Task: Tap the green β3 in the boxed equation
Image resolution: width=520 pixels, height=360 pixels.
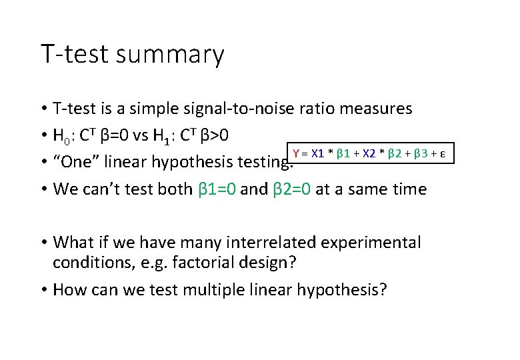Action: [x=421, y=154]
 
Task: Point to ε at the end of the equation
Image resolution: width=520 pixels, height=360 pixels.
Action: [x=443, y=154]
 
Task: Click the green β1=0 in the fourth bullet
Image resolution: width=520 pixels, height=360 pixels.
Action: [x=217, y=189]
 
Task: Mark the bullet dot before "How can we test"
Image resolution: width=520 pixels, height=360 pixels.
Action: [x=43, y=291]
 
